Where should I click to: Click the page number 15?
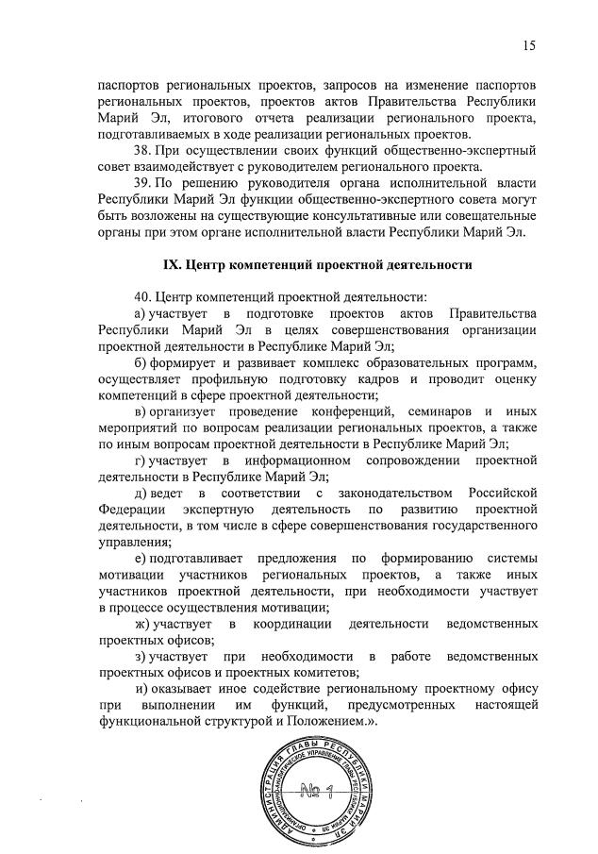coord(531,44)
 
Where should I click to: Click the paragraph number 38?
coord(143,150)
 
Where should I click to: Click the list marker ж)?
coord(142,624)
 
